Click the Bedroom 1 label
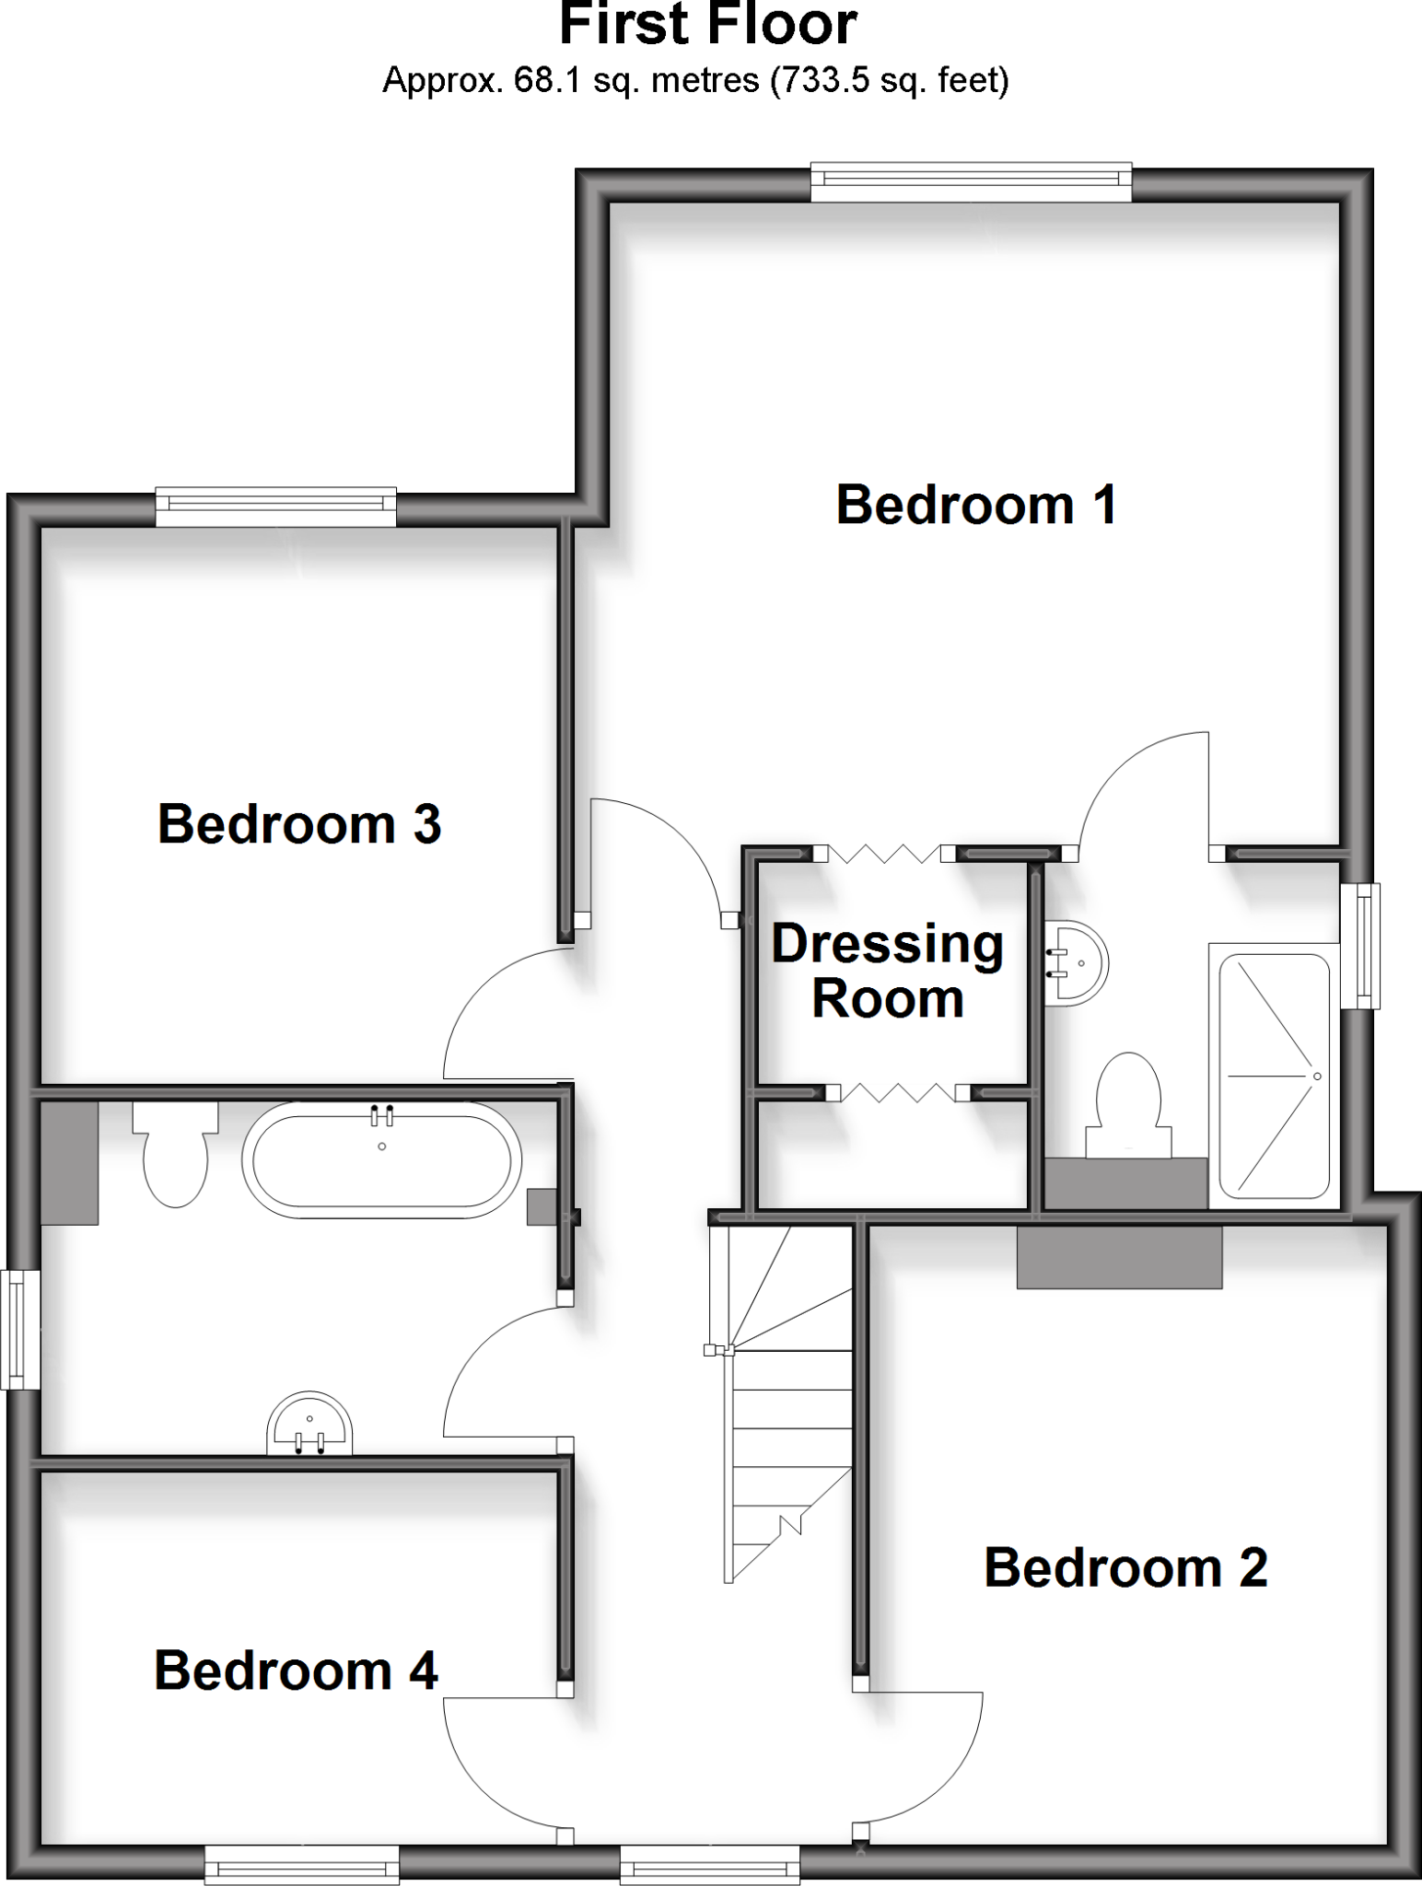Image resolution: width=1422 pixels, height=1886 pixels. [976, 506]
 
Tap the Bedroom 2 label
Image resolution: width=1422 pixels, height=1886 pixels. [1125, 1567]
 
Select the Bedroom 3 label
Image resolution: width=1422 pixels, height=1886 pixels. [299, 824]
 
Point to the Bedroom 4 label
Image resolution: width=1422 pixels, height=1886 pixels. [296, 1671]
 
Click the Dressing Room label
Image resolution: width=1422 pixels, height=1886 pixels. [888, 972]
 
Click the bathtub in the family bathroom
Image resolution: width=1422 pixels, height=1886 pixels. [381, 1160]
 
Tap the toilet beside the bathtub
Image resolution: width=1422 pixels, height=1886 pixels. [175, 1156]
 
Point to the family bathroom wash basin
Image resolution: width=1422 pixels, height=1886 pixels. [309, 1426]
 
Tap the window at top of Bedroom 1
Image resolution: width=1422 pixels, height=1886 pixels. [971, 182]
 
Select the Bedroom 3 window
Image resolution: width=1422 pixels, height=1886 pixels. [275, 507]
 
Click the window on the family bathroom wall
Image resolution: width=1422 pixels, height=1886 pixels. [19, 1330]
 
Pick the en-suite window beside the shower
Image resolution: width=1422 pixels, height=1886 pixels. [1360, 946]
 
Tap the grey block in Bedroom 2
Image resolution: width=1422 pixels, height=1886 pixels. [1119, 1258]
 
